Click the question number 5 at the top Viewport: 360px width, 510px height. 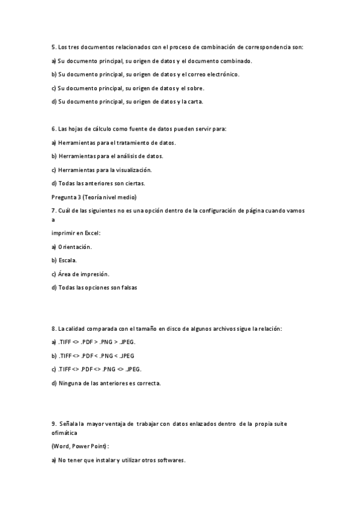click(x=53, y=46)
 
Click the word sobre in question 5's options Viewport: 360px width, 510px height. click(x=196, y=88)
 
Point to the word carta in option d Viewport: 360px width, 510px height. click(x=195, y=101)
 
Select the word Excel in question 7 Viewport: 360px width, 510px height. click(x=91, y=233)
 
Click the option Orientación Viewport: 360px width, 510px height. click(x=75, y=247)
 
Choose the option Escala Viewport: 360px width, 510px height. click(x=67, y=260)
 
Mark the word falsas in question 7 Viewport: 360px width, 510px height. click(x=128, y=287)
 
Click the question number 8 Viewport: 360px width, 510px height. click(x=53, y=328)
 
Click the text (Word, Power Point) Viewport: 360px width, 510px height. click(x=81, y=446)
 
